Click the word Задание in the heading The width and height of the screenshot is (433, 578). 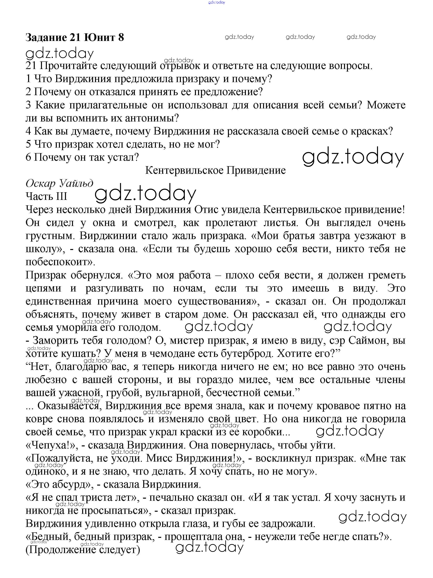[x=46, y=38]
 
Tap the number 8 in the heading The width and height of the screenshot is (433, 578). [x=121, y=38]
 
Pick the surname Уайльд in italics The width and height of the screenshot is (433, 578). [x=76, y=184]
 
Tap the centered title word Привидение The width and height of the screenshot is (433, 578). [x=256, y=171]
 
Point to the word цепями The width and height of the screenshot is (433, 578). [x=43, y=288]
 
